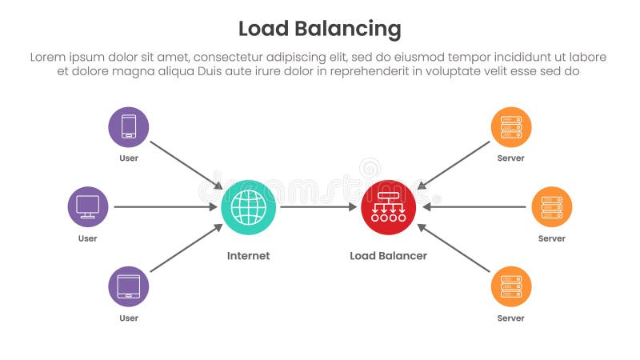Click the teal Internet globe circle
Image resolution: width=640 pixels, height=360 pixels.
pyautogui.click(x=249, y=207)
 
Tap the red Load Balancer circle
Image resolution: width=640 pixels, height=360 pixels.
pyautogui.click(x=389, y=207)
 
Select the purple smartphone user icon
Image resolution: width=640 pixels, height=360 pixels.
pyautogui.click(x=129, y=127)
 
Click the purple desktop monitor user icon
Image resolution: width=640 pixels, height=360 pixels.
pyautogui.click(x=88, y=207)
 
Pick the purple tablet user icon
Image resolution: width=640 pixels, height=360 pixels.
pyautogui.click(x=129, y=286)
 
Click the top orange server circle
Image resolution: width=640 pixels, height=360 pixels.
pyautogui.click(x=510, y=127)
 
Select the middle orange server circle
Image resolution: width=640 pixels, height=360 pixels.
pyautogui.click(x=551, y=207)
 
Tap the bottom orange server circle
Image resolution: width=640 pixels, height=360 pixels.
pyautogui.click(x=510, y=286)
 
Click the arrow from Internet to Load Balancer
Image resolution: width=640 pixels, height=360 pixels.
pyautogui.click(x=318, y=207)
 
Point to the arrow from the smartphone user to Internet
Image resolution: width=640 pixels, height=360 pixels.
pyautogui.click(x=186, y=164)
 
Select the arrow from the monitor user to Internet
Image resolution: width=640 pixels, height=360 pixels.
pyautogui.click(x=165, y=207)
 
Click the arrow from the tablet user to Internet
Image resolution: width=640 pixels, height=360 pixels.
pyautogui.click(x=186, y=249)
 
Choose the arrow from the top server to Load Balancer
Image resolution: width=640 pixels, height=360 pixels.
pyautogui.click(x=454, y=165)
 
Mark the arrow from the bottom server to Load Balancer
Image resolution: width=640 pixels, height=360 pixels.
pyautogui.click(x=454, y=249)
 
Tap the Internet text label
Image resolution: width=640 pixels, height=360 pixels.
pyautogui.click(x=248, y=256)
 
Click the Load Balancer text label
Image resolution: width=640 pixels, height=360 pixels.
pyautogui.click(x=388, y=256)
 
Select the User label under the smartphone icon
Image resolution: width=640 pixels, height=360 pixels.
pyautogui.click(x=129, y=158)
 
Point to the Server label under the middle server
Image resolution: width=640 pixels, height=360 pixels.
pyautogui.click(x=551, y=238)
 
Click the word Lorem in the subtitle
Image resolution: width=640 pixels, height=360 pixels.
pyautogui.click(x=46, y=57)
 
